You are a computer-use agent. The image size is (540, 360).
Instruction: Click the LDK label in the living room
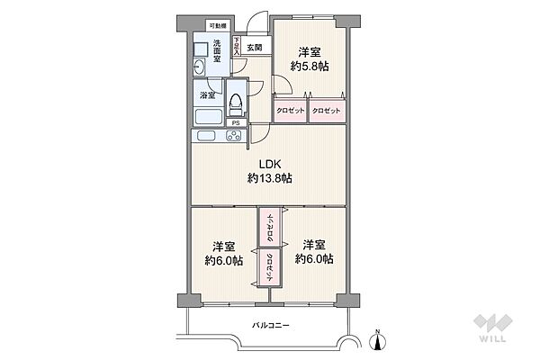tap(270, 164)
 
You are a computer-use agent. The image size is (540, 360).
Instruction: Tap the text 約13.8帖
tap(270, 179)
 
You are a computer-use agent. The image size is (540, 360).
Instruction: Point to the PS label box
tap(235, 123)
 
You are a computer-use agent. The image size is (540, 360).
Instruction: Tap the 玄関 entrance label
tap(255, 47)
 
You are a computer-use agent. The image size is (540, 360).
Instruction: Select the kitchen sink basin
tap(205, 137)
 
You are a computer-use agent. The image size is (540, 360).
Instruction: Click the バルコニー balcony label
tap(269, 326)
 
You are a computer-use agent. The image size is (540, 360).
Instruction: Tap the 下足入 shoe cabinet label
tap(236, 48)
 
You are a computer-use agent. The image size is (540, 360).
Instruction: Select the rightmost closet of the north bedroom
tap(328, 111)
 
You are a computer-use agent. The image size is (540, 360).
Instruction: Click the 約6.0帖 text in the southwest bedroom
tap(224, 260)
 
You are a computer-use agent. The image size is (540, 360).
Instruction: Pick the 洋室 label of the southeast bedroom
tap(313, 245)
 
